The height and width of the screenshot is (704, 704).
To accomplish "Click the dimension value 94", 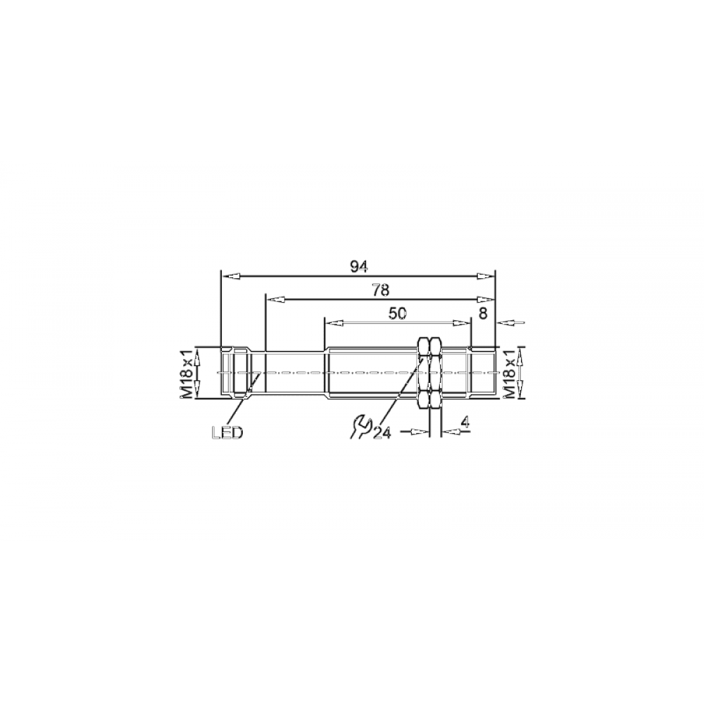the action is coord(359,267).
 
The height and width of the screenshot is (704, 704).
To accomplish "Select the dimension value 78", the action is coord(380,291).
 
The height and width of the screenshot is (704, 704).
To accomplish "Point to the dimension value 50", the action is coord(397,314).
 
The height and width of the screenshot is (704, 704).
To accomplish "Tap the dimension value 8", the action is coord(483,313).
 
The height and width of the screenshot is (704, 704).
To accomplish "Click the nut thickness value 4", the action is coord(465,422).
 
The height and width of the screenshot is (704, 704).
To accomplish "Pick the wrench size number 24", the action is coord(382,432).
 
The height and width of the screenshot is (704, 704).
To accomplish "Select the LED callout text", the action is coord(227,433).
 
